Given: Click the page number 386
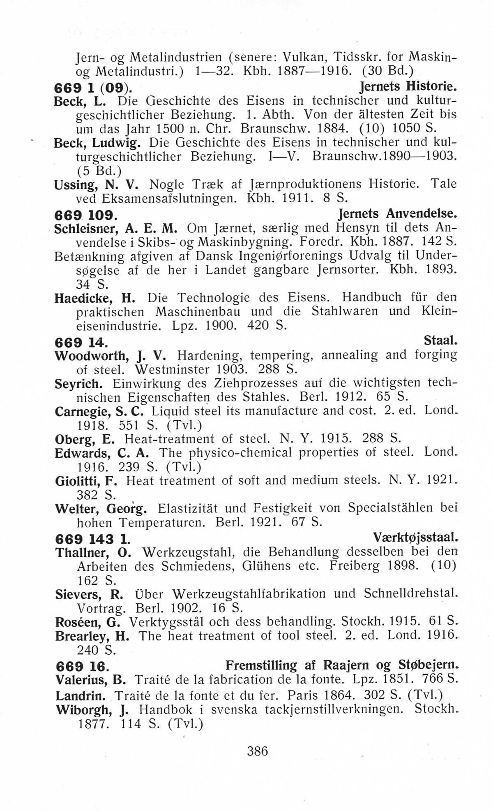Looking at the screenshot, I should (x=257, y=751).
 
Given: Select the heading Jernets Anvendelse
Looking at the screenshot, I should (x=397, y=213).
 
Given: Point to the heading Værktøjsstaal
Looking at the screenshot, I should (x=415, y=537).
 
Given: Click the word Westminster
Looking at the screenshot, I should (x=173, y=369).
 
